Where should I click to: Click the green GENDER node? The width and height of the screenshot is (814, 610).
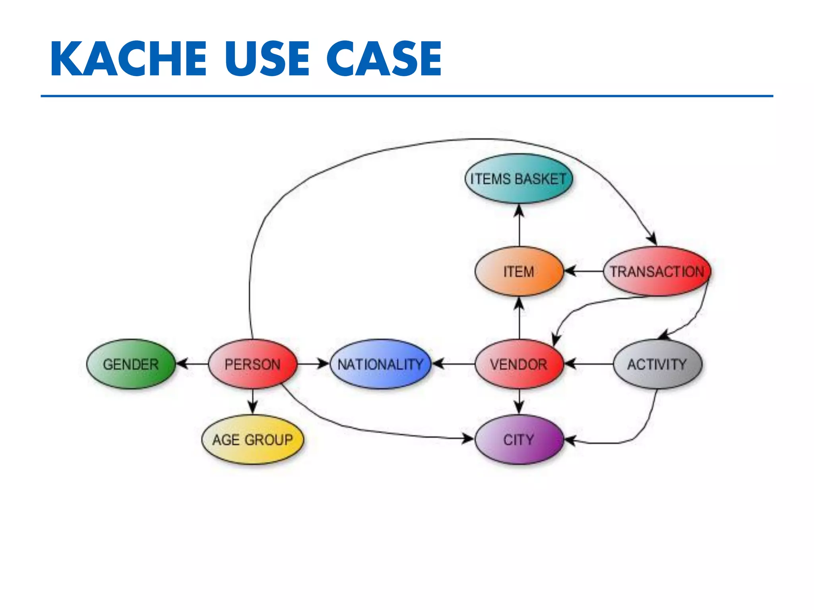pos(131,364)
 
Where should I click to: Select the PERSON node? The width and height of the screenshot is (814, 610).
pos(252,364)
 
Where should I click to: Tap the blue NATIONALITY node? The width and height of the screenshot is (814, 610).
pos(380,364)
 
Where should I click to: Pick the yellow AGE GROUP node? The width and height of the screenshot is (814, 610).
pos(252,439)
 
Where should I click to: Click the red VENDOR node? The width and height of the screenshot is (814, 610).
pos(519,364)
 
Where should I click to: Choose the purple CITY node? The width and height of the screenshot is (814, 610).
pos(519,439)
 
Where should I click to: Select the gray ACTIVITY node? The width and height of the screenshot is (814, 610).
pos(657,364)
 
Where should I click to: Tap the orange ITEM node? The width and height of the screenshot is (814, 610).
pos(519,271)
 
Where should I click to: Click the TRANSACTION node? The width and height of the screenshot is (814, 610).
pos(657,271)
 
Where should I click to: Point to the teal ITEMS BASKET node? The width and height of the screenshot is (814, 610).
pos(518,179)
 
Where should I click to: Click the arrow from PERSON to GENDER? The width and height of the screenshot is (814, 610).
pos(192,364)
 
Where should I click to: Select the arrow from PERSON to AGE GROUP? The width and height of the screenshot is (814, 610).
pos(253,402)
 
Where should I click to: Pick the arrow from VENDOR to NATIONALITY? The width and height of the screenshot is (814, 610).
pos(454,364)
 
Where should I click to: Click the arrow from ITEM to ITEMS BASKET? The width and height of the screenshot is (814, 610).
pos(519,225)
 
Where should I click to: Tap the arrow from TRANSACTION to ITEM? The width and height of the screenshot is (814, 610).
pos(583,271)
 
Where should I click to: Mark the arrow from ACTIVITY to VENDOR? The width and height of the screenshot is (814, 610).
pos(589,364)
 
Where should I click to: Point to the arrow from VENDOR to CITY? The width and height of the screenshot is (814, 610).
pos(519,401)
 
